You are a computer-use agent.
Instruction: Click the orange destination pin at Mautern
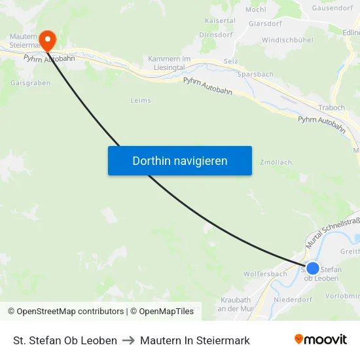[47, 40]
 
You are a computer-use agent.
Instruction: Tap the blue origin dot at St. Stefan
[313, 268]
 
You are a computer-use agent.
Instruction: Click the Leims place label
[141, 101]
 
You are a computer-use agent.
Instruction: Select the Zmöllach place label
[276, 162]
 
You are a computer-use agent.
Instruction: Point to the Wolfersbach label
[264, 274]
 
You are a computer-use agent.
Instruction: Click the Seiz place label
[230, 61]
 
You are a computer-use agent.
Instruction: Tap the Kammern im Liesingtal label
[169, 63]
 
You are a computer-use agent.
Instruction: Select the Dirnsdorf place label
[216, 35]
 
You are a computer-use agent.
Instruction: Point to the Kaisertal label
[219, 20]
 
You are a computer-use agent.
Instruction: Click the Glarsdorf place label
[265, 24]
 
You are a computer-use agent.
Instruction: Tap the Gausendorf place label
[333, 8]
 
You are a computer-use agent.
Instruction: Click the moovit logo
[321, 339]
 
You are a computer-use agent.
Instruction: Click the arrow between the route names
[128, 340]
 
